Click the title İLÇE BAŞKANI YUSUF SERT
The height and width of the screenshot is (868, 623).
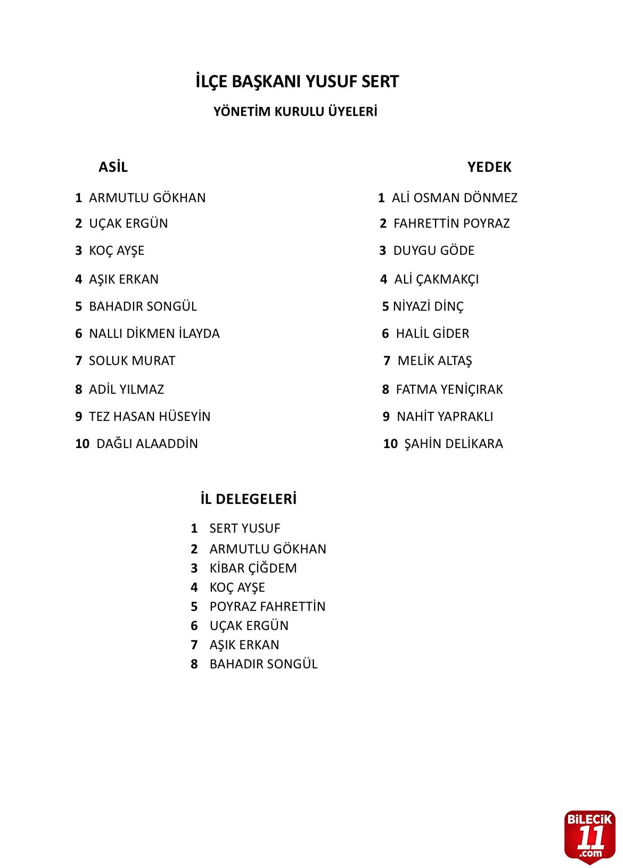(x=297, y=81)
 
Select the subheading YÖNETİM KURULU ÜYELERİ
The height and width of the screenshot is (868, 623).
(x=295, y=112)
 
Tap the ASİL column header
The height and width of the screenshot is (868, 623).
(x=113, y=167)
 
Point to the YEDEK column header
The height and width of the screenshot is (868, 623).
(x=489, y=167)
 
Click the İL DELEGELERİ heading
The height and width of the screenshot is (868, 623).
(x=248, y=499)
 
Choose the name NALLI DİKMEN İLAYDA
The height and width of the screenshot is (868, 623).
(x=154, y=334)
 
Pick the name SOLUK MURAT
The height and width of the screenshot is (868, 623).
(x=132, y=361)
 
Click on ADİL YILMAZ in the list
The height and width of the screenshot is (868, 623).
(x=126, y=390)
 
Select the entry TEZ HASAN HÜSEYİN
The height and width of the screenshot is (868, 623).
(x=149, y=417)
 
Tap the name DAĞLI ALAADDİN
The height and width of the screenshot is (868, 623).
(x=146, y=444)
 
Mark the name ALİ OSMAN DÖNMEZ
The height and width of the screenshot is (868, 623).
(x=454, y=198)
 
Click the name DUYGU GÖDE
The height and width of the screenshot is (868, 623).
(x=433, y=251)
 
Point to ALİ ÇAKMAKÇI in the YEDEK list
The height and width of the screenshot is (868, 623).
(x=436, y=279)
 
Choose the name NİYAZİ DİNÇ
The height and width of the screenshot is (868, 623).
(x=428, y=307)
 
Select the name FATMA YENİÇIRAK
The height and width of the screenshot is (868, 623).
(x=449, y=390)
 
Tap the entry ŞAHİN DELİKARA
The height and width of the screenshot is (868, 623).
(x=453, y=444)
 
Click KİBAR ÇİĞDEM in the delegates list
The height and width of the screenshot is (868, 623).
(x=253, y=568)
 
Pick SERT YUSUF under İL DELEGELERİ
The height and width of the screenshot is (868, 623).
(x=244, y=528)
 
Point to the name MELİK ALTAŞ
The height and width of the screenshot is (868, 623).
(x=435, y=361)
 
